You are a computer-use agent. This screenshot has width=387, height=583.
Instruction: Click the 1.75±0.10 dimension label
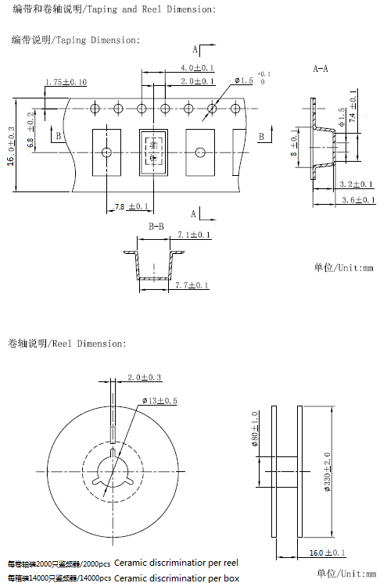point(66,82)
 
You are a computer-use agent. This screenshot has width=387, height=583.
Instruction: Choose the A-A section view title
point(321,69)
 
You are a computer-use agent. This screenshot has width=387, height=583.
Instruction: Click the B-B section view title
point(156,227)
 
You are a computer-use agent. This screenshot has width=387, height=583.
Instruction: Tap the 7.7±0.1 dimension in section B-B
point(192,286)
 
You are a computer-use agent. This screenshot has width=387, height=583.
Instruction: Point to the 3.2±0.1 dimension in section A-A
point(358,185)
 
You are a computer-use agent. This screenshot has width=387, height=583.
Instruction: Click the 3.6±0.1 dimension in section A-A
point(358,201)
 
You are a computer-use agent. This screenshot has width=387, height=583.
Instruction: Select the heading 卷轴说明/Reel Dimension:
point(67,343)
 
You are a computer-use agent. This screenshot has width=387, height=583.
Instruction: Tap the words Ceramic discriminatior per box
point(177,578)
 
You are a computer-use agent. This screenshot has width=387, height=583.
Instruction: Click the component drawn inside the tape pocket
point(154,151)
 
